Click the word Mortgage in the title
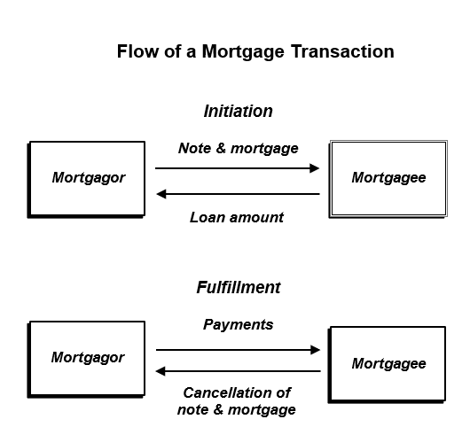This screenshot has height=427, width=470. tap(243, 52)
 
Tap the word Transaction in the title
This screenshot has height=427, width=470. tap(342, 51)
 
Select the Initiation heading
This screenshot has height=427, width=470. tap(239, 111)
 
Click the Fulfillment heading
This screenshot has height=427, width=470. tap(239, 287)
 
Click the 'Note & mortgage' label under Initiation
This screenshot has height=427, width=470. tap(239, 149)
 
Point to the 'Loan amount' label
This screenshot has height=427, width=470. tap(237, 217)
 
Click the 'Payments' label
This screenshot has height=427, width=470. tap(239, 325)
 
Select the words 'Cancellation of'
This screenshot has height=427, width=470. tap(237, 392)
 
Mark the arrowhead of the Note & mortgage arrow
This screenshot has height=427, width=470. tap(315, 168)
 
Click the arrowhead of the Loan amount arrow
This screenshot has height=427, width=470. tap(161, 194)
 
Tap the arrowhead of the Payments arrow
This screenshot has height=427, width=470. tap(316, 350)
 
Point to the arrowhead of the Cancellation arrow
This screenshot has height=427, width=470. tap(161, 371)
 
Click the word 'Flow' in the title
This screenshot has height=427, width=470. tap(137, 51)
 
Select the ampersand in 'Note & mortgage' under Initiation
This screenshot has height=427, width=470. tap(221, 148)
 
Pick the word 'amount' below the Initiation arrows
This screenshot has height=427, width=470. tap(256, 218)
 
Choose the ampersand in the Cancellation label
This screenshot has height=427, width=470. tap(218, 409)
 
